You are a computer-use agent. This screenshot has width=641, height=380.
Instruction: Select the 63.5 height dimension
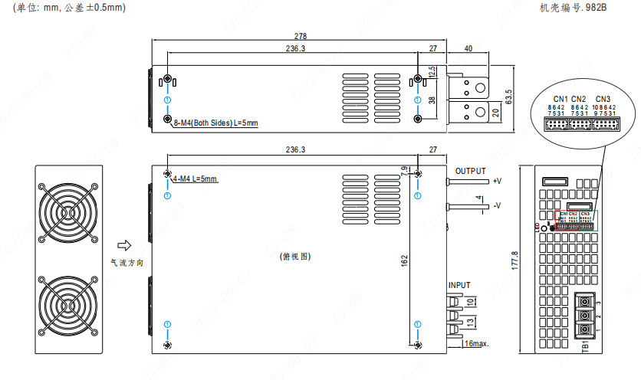508,97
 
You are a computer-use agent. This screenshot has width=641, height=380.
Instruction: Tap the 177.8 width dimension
513,258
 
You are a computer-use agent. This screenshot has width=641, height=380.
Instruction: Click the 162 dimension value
404,262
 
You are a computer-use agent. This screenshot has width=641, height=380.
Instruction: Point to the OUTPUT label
470,171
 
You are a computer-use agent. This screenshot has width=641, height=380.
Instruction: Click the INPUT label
459,285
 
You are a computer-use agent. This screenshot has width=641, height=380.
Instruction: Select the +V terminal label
497,182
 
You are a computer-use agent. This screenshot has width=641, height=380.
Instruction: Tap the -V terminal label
497,205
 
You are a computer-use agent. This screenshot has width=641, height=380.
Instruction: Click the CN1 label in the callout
560,99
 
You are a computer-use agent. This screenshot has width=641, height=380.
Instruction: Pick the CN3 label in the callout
603,99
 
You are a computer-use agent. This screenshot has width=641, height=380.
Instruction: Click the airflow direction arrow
122,245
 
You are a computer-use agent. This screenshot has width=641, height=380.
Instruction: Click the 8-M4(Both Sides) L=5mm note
215,123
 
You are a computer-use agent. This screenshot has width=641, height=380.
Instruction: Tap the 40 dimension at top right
468,48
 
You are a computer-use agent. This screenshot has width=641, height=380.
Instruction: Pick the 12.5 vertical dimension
432,72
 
